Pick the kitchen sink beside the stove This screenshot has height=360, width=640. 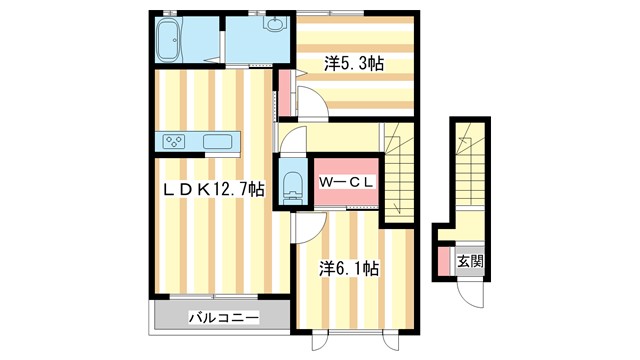[x=218, y=141]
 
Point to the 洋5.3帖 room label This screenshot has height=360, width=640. [x=354, y=63]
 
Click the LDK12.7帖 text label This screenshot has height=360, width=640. [x=215, y=189]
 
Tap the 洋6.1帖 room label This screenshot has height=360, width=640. [x=349, y=268]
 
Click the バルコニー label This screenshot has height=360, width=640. [x=225, y=318]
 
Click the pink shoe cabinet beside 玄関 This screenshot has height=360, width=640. [x=444, y=261]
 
